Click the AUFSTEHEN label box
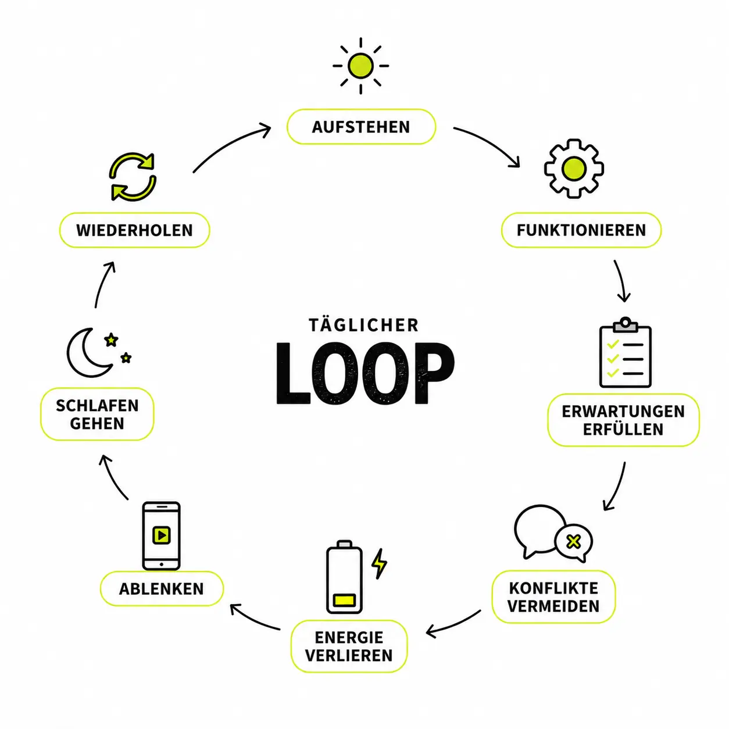coord(361,127)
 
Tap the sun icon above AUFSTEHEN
coord(360,66)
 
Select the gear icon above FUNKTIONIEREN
coord(574,169)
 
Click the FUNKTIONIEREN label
coord(581,230)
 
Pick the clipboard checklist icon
coord(625,353)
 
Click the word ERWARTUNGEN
coord(623,412)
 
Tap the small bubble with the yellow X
coord(574,542)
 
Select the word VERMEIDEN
coord(553,606)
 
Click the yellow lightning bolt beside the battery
coord(379,564)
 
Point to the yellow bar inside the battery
coord(344,600)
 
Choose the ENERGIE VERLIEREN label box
coord(349,646)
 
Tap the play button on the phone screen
coord(162,535)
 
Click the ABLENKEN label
coord(162,589)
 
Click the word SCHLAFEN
coord(97,406)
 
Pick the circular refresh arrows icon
coord(133,176)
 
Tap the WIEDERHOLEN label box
coord(135,230)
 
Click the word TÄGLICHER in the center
coord(364,326)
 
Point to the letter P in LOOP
coord(434,373)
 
